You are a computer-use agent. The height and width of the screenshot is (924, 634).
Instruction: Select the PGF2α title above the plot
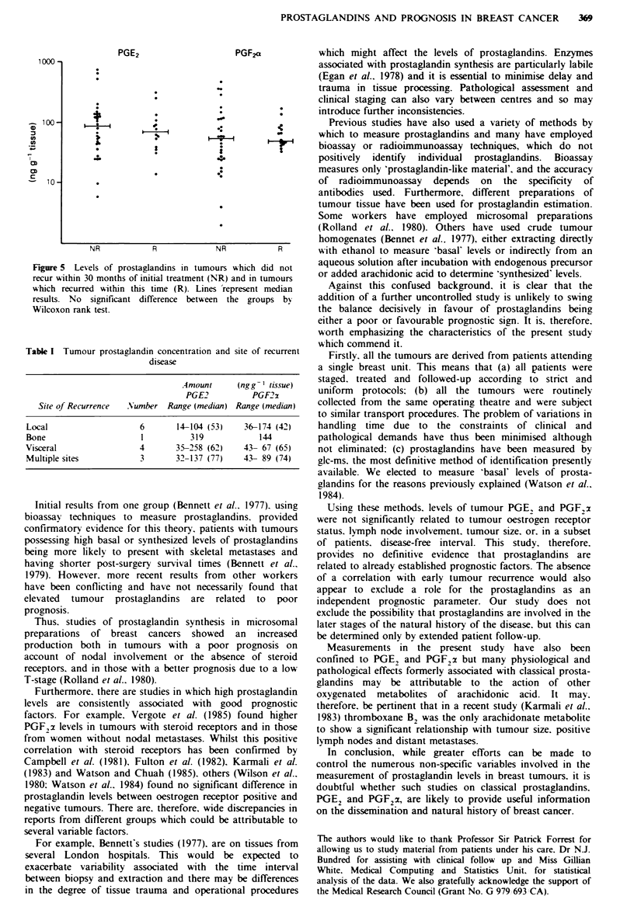tap(249, 52)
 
